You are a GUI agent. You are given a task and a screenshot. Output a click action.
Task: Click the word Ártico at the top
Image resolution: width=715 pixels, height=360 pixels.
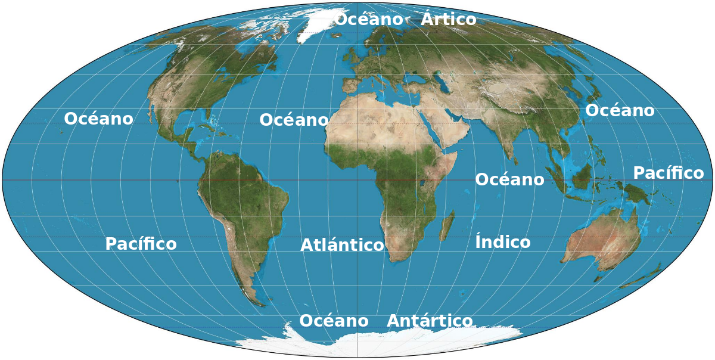(448, 20)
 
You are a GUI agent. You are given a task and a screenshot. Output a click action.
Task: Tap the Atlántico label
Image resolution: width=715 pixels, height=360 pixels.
(342, 245)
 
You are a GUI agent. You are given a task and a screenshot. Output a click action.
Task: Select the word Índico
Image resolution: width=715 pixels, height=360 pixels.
(502, 242)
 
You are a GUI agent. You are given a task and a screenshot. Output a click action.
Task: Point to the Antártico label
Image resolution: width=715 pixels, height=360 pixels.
(430, 321)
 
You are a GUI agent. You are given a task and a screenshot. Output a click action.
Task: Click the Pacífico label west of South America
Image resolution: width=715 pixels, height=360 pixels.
(141, 244)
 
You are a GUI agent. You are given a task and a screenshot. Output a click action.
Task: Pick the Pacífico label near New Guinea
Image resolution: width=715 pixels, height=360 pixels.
(668, 173)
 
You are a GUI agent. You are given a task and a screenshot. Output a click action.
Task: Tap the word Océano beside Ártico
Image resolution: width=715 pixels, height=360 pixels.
(369, 19)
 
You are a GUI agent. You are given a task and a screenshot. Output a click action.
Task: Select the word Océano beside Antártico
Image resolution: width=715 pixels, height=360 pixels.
(334, 321)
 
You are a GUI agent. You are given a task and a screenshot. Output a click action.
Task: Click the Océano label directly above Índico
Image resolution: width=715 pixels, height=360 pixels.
(509, 179)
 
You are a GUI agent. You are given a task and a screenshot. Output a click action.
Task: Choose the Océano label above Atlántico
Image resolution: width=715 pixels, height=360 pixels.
(294, 120)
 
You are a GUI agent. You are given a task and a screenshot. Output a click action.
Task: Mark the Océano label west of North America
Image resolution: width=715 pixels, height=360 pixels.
(98, 119)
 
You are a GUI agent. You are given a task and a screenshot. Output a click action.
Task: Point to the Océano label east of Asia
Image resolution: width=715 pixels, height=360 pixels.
(620, 110)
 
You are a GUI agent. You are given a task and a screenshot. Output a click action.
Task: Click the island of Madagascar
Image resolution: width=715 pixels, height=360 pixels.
(447, 225)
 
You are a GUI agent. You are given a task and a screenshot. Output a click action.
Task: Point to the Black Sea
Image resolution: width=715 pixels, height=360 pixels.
(411, 78)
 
